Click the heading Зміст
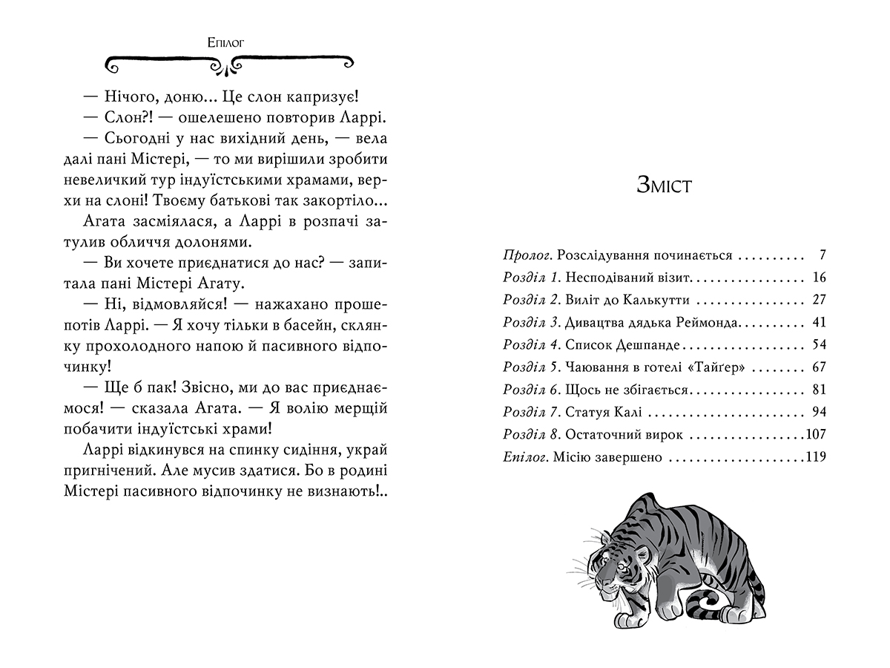click(x=664, y=185)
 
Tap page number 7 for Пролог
click(x=822, y=255)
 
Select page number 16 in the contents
click(x=819, y=278)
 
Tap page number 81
click(x=819, y=390)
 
